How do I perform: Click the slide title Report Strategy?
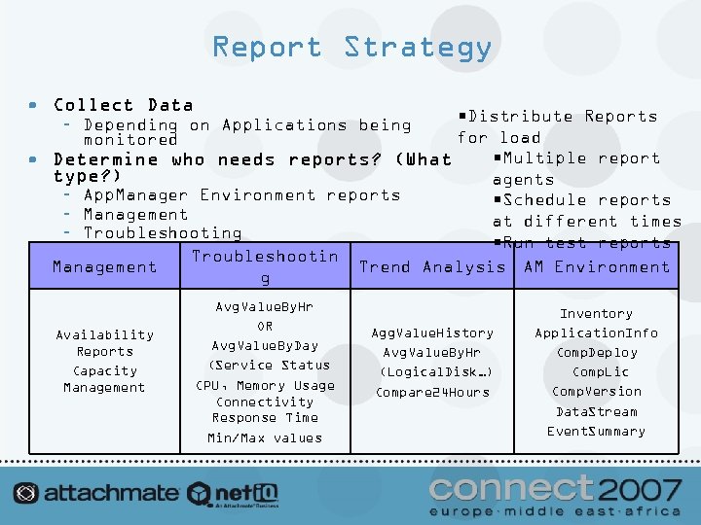[351, 47]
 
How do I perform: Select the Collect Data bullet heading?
[123, 105]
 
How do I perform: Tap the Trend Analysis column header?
[432, 266]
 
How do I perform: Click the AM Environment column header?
[597, 266]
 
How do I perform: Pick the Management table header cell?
[104, 266]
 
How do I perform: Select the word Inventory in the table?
[596, 313]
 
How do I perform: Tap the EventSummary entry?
[596, 431]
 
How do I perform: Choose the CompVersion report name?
[596, 392]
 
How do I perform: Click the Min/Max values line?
[264, 437]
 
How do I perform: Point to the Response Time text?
[264, 418]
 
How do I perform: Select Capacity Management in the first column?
[104, 379]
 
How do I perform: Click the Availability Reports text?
[104, 342]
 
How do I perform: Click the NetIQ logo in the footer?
[234, 494]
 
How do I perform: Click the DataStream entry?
[596, 411]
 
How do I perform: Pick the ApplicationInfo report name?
[596, 332]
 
